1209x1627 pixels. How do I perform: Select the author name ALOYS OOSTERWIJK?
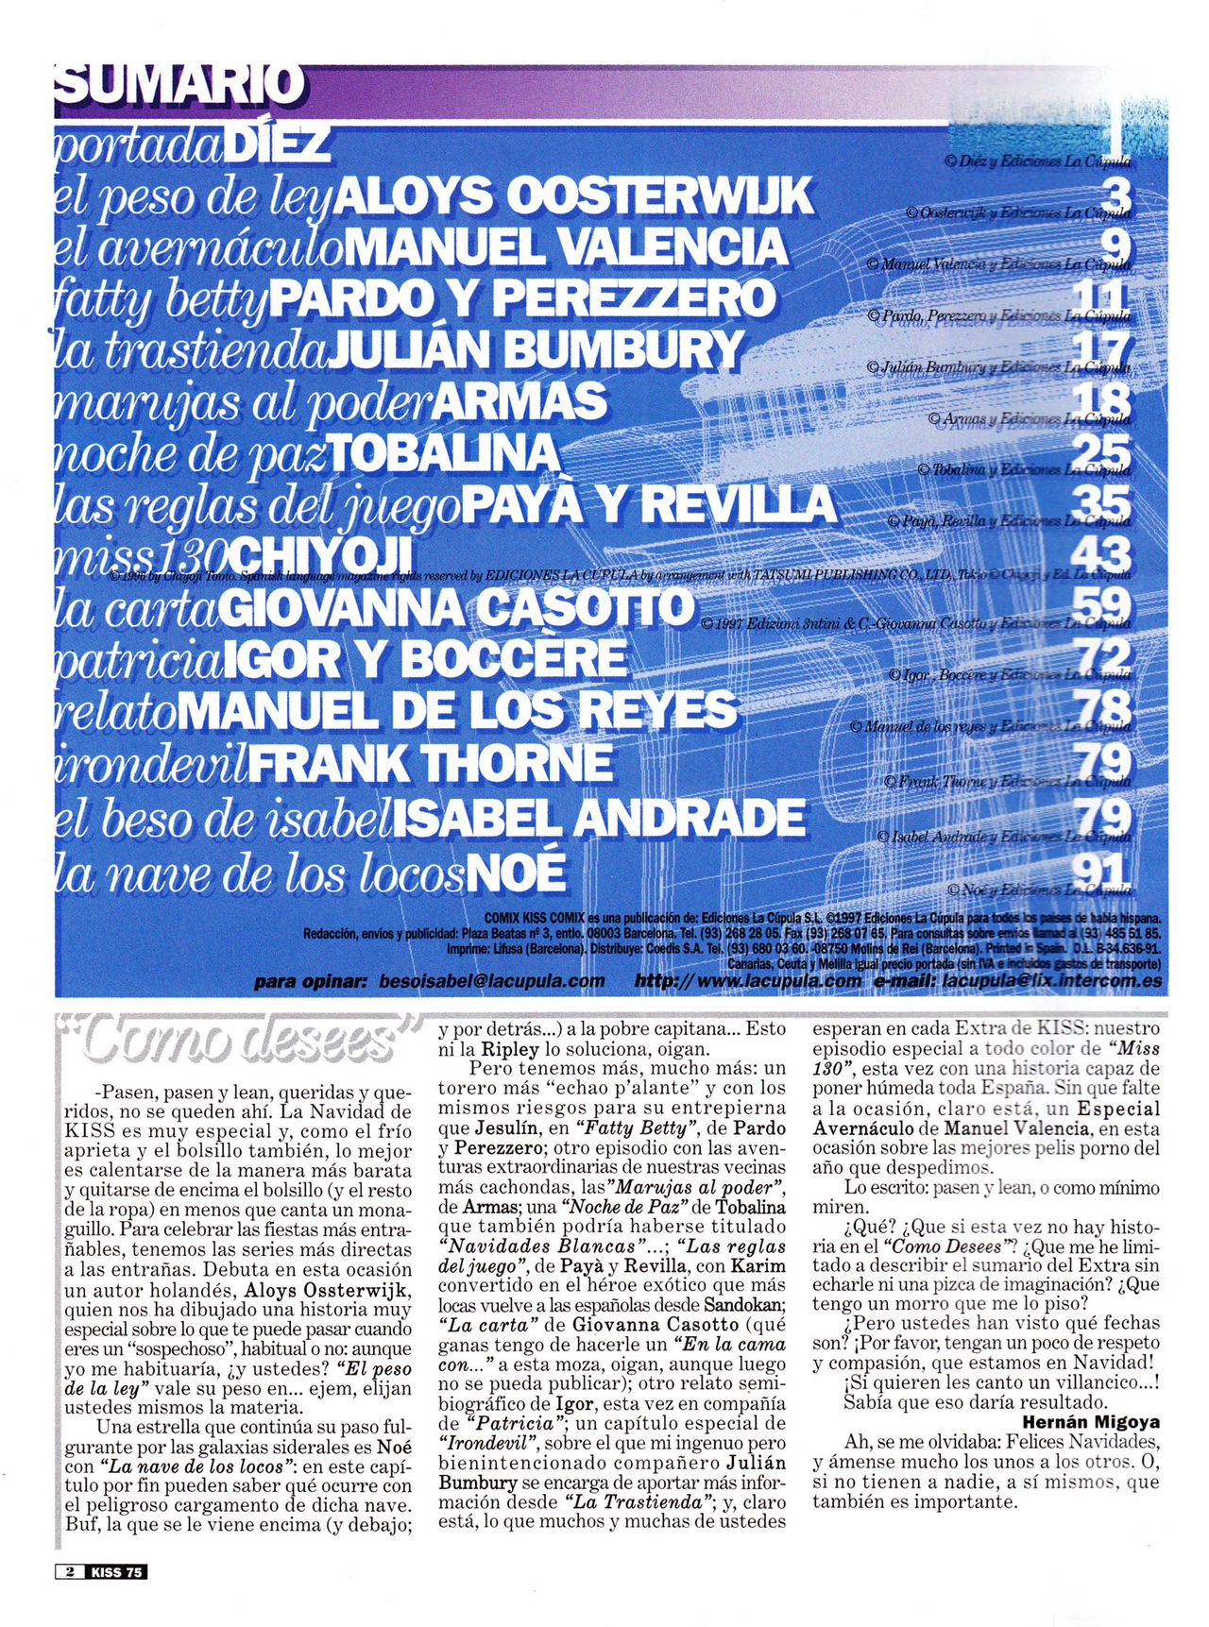[x=574, y=196]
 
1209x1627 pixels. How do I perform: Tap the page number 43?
[x=1103, y=553]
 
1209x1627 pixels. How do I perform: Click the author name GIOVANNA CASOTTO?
[x=456, y=609]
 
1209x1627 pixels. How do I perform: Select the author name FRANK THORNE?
[x=431, y=763]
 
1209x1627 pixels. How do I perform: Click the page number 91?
[x=1103, y=871]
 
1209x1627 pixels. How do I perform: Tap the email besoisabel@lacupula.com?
[x=491, y=981]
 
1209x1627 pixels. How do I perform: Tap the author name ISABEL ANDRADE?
[x=599, y=818]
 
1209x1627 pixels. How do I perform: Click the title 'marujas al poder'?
[x=244, y=402]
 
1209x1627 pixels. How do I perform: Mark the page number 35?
[x=1103, y=501]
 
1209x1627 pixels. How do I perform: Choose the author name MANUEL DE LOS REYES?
[x=456, y=710]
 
